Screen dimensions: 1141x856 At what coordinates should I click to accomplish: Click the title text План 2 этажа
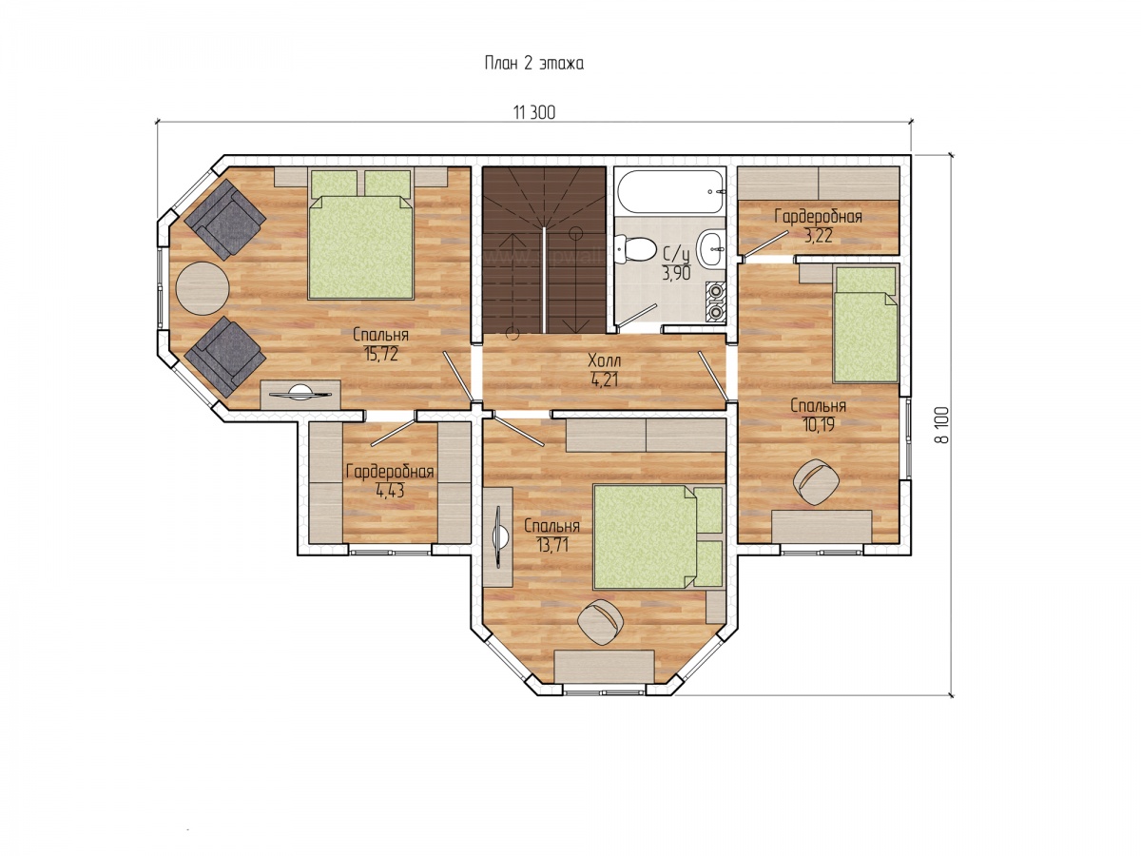click(533, 64)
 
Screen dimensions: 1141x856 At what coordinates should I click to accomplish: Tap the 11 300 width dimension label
click(534, 112)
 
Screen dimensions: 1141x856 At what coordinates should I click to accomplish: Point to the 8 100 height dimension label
click(941, 424)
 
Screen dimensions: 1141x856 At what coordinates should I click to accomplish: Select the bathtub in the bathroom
click(669, 191)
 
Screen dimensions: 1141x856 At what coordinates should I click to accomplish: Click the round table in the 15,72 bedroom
click(203, 288)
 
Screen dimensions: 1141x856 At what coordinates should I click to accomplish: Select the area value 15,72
click(381, 354)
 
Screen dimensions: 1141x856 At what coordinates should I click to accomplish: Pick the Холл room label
click(604, 360)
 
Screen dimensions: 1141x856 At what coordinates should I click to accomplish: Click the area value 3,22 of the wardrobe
click(819, 237)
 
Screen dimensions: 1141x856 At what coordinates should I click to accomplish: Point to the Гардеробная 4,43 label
click(390, 480)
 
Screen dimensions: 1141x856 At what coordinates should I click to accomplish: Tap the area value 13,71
click(551, 545)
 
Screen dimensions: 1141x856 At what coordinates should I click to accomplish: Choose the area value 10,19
click(819, 424)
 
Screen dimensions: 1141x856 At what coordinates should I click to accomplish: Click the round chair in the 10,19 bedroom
click(816, 481)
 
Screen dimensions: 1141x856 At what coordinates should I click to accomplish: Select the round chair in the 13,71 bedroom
click(601, 622)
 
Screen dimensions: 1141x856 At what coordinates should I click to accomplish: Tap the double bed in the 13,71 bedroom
click(658, 536)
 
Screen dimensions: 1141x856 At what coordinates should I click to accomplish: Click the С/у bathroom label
click(676, 255)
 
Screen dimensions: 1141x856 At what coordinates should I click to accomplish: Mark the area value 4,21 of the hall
click(604, 379)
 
